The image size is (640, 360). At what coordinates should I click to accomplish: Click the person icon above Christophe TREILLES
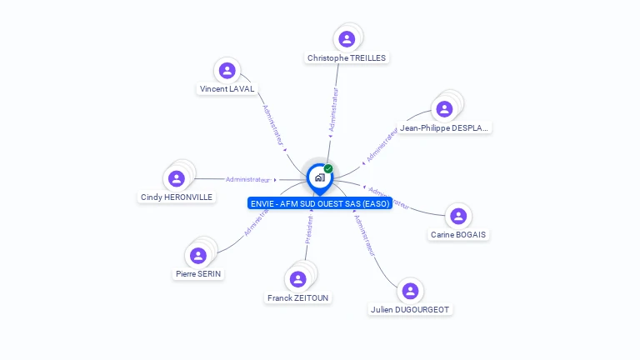point(347,39)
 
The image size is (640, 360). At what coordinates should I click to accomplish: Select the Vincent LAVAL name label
point(227,89)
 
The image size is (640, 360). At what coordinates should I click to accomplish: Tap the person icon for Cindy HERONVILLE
point(177,178)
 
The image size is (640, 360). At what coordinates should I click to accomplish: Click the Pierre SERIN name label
point(199,273)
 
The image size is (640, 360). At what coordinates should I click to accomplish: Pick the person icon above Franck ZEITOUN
point(297,279)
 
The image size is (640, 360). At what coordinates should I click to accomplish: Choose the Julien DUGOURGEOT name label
point(409,309)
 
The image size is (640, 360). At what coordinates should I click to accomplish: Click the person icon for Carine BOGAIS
point(457,217)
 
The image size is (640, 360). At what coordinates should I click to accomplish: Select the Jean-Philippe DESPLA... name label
point(444,128)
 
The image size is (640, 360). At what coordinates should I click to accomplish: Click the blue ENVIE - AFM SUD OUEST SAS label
point(319,203)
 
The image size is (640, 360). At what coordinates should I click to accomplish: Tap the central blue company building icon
point(319,177)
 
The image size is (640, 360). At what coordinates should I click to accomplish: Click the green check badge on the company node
point(328,168)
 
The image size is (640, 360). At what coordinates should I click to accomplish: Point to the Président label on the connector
point(308,230)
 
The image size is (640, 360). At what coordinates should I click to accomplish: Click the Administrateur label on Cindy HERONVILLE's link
point(247,179)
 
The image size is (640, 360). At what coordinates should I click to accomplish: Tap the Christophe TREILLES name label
point(347,58)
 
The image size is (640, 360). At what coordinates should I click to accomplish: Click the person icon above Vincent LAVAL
point(227,71)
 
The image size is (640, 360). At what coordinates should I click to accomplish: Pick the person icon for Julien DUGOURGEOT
point(409,291)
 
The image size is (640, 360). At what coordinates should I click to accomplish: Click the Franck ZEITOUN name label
point(297,297)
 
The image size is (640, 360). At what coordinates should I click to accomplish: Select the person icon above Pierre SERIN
point(198,255)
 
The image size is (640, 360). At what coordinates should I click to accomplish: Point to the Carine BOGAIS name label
point(458,235)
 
